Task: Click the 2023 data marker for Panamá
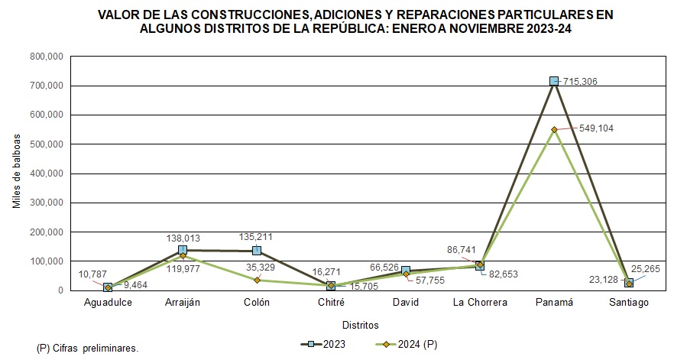click(554, 81)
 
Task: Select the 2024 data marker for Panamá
click(554, 130)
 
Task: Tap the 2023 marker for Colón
click(257, 251)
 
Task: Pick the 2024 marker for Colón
click(257, 280)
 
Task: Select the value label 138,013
click(182, 238)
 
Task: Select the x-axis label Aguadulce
click(108, 303)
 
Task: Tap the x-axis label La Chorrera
click(480, 303)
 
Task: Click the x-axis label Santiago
click(628, 303)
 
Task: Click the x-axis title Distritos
click(360, 325)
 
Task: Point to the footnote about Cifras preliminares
click(87, 348)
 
